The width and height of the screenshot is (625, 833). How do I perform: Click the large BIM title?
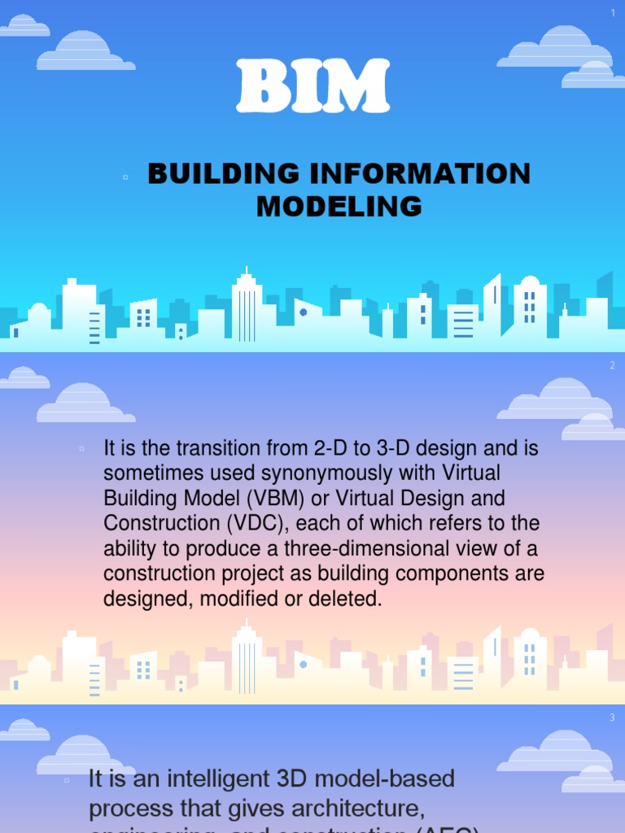click(313, 87)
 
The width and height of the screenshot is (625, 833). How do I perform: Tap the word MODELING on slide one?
click(339, 207)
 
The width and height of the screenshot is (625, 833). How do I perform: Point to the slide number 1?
click(613, 12)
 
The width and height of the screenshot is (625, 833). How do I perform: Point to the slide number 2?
click(613, 365)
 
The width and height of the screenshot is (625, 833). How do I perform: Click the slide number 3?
click(613, 717)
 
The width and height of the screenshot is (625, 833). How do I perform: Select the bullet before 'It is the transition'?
click(82, 448)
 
